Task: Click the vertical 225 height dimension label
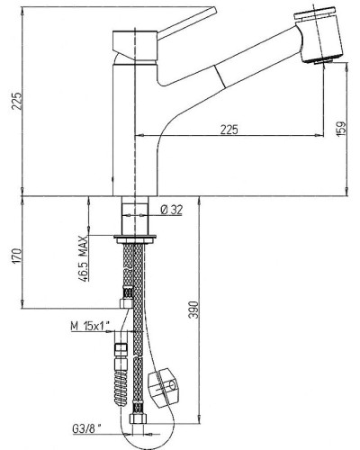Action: [18, 101]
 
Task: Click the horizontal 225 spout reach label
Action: [229, 130]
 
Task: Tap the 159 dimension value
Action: [341, 129]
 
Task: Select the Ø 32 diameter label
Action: [171, 210]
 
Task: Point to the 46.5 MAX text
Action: [83, 259]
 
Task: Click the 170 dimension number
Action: [17, 256]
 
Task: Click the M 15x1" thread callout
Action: [90, 326]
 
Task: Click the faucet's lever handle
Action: [186, 23]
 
